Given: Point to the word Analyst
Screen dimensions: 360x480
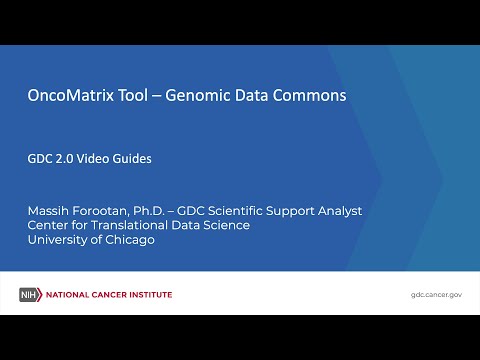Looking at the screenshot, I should point(337,211).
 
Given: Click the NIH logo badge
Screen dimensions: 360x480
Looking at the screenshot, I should point(32,294).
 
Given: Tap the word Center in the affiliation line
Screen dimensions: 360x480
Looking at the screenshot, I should point(50,225).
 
